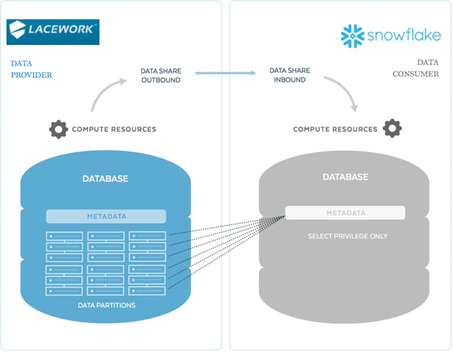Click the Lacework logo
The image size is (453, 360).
(52, 32)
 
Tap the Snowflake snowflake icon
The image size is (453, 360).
(353, 36)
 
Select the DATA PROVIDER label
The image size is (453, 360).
(32, 69)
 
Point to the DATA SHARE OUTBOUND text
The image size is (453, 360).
(161, 75)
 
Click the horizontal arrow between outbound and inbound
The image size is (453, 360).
(225, 73)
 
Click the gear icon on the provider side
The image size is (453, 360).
(58, 129)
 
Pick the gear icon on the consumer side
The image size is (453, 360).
(392, 128)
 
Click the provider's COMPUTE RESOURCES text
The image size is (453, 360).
(114, 130)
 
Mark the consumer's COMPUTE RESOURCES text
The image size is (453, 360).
(335, 130)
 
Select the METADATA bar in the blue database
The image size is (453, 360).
(106, 217)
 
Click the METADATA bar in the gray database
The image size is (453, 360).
(345, 213)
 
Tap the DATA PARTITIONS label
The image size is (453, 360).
(106, 305)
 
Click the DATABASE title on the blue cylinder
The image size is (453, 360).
(105, 179)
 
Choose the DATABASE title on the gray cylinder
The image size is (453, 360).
(345, 177)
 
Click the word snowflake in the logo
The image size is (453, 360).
(404, 36)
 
